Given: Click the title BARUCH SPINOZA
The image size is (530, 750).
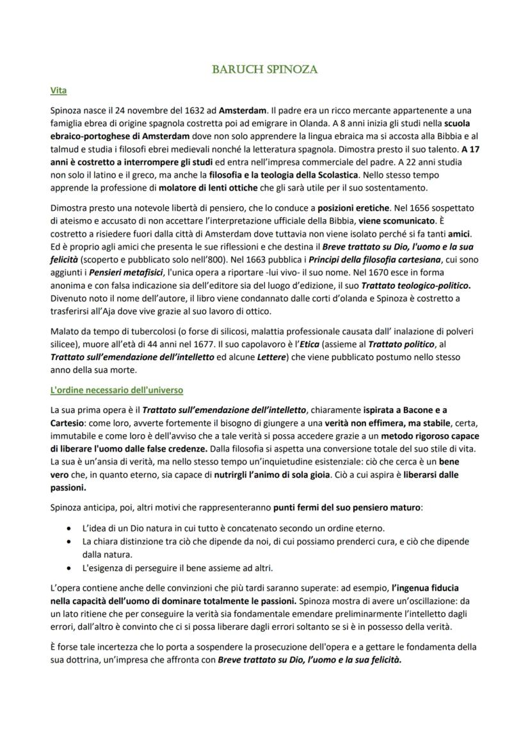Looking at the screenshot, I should click(265, 69).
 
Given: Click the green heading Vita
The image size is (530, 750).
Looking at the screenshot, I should click(58, 91).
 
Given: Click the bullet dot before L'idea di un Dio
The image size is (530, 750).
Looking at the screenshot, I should click(68, 529).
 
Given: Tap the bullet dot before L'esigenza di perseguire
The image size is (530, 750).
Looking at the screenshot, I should click(68, 567).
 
